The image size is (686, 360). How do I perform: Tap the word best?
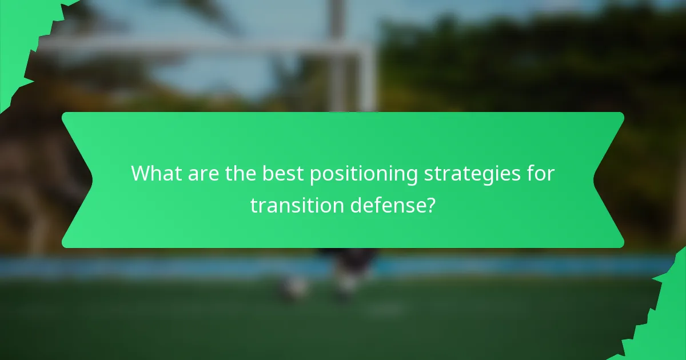tap(283, 174)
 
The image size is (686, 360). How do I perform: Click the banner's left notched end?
tap(77, 180)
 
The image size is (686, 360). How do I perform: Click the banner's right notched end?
tap(609, 180)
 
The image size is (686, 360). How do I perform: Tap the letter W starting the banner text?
tap(141, 174)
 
